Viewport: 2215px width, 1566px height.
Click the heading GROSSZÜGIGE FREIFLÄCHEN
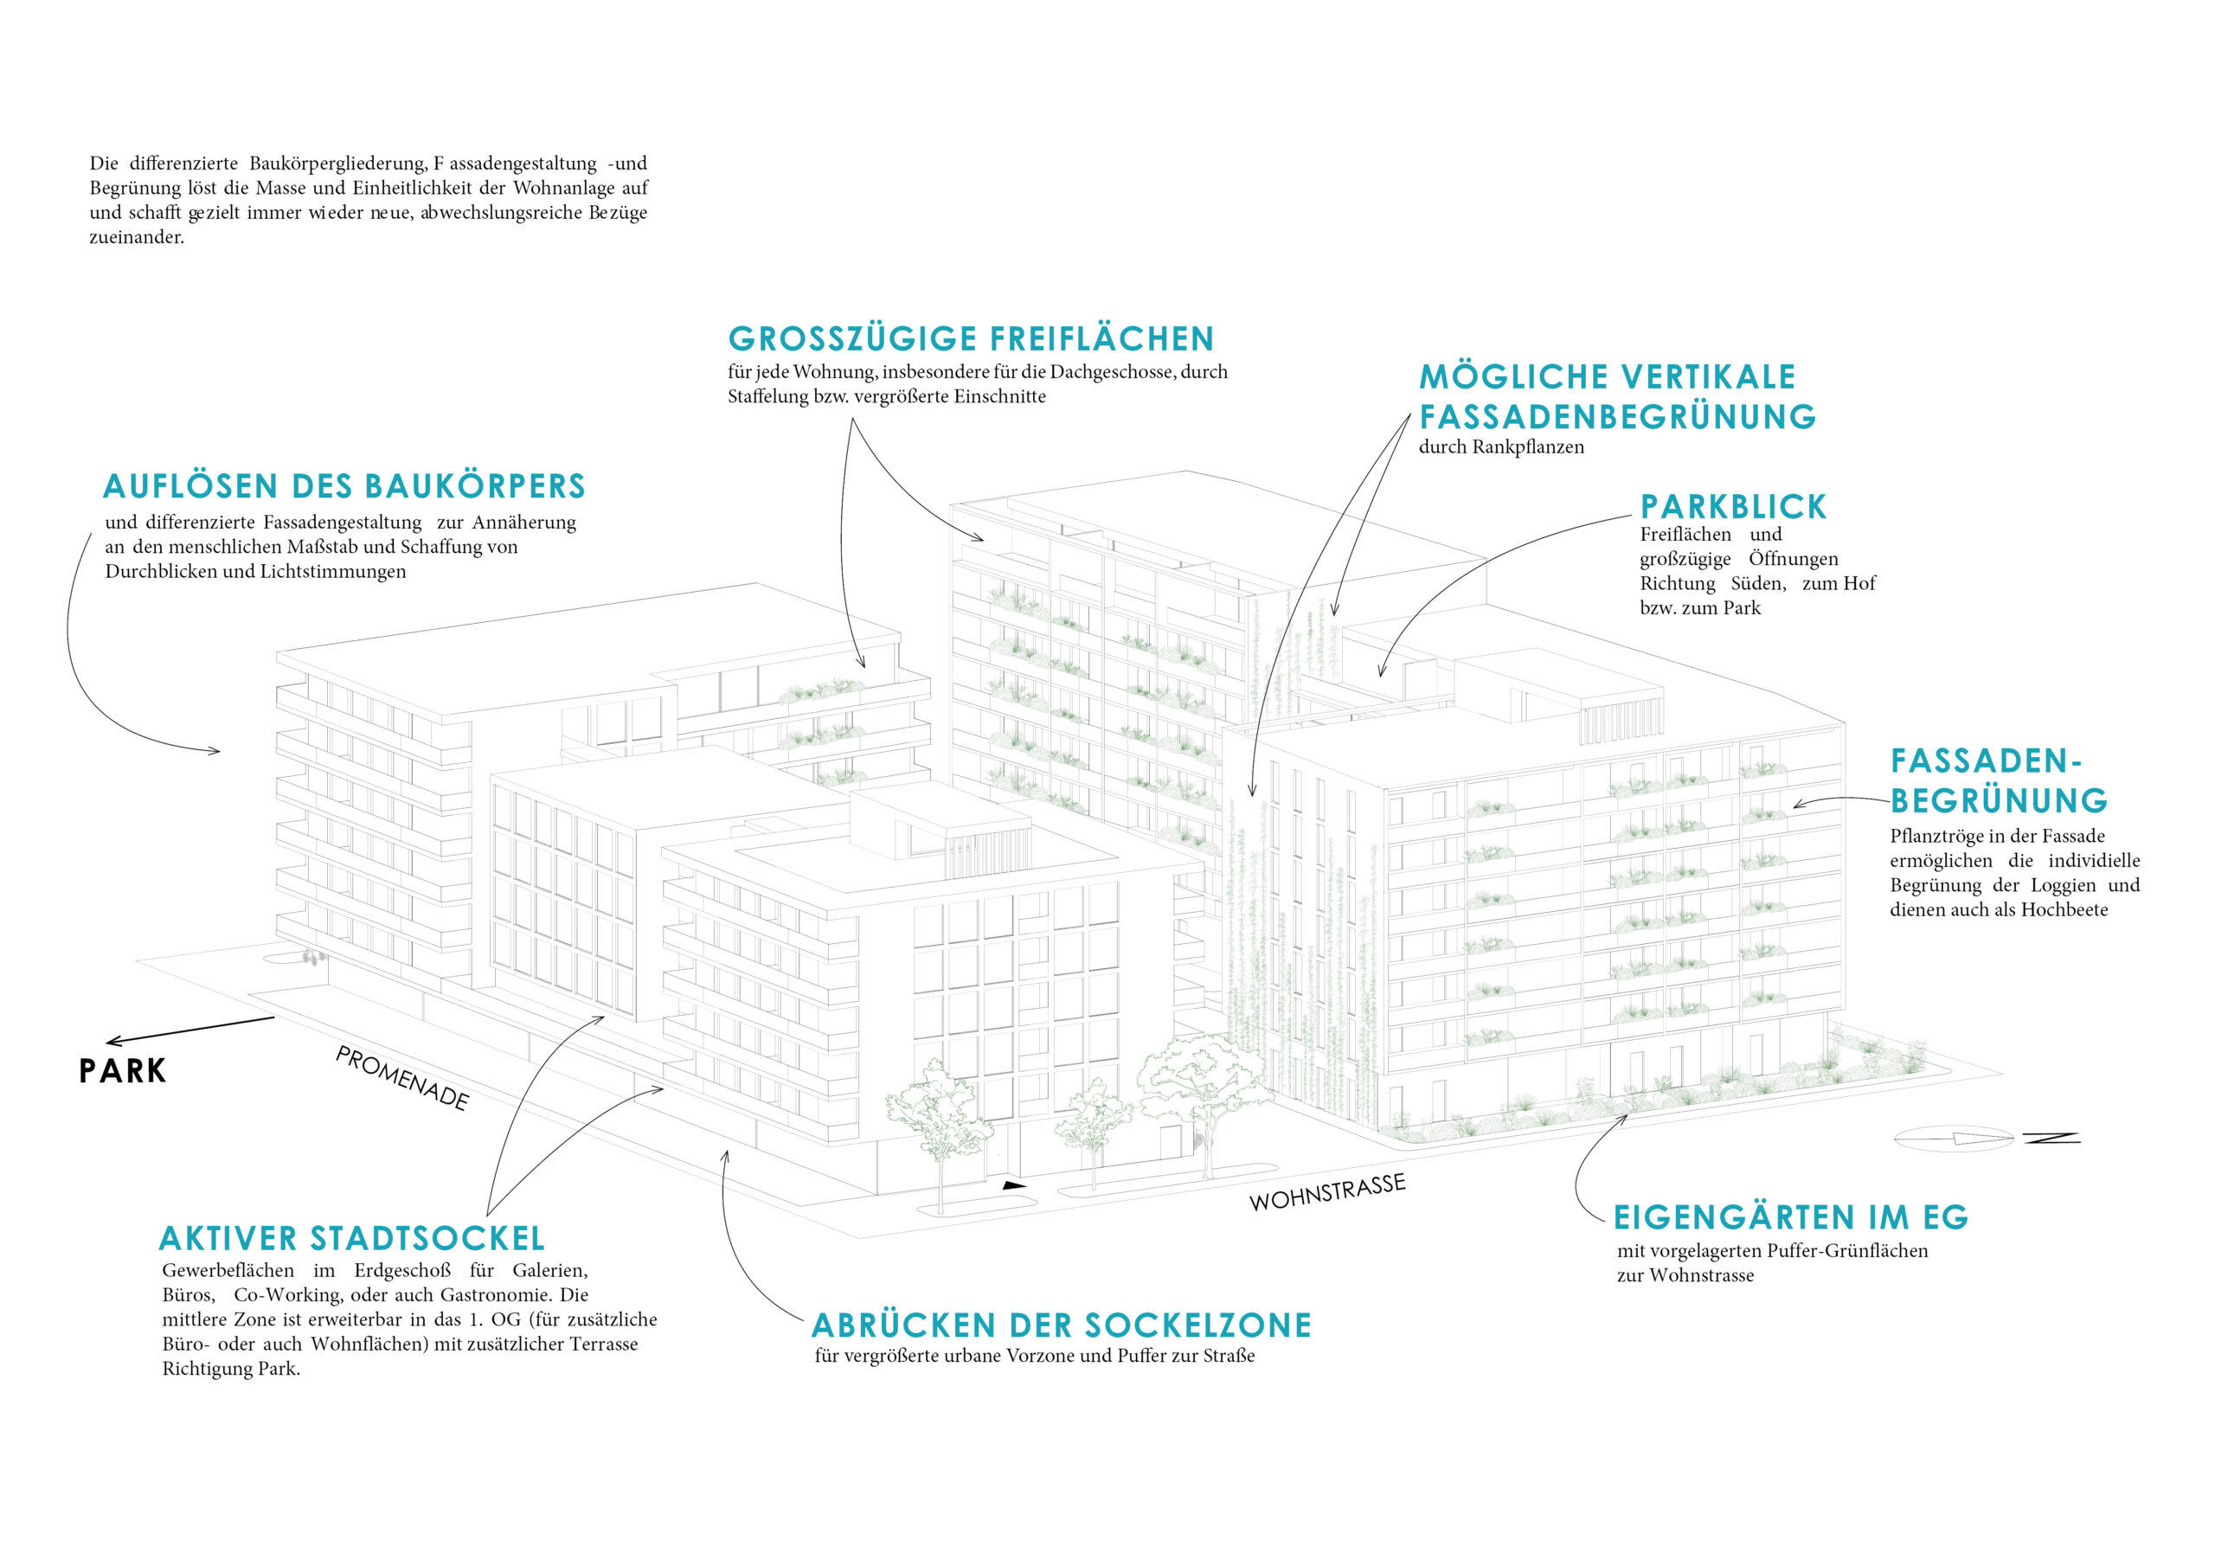coord(971,338)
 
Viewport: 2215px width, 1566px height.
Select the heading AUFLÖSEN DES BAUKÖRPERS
coord(344,485)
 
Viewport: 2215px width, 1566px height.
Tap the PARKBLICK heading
coord(1734,506)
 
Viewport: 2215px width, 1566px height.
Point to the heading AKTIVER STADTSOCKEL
coord(352,1238)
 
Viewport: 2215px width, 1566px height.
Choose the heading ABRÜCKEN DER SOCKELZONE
coord(1061,1325)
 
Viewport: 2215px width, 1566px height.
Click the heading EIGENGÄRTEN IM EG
coord(1790,1216)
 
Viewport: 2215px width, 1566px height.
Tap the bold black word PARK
coord(123,1071)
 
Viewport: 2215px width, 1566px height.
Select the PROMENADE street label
coord(402,1078)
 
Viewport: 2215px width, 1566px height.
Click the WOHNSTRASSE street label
coord(1327,1192)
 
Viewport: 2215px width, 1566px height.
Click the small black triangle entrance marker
coord(1013,1184)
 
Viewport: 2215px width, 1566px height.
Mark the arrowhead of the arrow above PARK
coord(112,1041)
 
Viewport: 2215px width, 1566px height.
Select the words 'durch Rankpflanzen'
coord(1501,446)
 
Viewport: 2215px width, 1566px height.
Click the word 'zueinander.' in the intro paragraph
coord(137,237)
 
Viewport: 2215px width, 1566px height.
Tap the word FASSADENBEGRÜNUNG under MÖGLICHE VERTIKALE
coord(1618,417)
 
